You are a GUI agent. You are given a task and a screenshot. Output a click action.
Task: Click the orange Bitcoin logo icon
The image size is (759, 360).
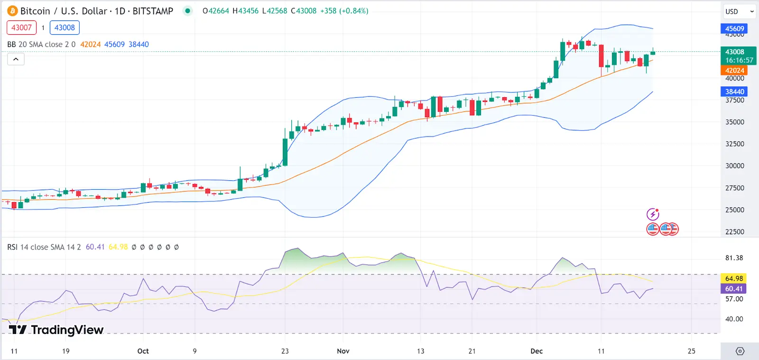click(12, 11)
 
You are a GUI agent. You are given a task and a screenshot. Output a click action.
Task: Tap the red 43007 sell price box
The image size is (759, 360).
click(21, 28)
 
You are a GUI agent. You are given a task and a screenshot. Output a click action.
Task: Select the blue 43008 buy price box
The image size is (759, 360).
click(65, 28)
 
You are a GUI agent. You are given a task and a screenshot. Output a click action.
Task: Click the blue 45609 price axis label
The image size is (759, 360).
click(734, 28)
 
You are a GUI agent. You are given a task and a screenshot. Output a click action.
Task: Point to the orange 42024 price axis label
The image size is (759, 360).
click(734, 70)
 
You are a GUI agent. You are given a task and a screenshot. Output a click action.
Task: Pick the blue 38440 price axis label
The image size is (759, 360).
click(734, 92)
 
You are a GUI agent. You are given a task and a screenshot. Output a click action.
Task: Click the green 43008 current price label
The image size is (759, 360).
click(734, 52)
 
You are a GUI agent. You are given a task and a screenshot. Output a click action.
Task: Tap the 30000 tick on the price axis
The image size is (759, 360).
click(734, 166)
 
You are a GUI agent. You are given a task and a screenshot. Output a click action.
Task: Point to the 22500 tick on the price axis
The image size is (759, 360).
click(734, 231)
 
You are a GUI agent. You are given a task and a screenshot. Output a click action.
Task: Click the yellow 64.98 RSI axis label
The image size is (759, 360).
click(734, 278)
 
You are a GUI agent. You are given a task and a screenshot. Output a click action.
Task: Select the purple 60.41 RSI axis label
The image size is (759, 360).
click(734, 288)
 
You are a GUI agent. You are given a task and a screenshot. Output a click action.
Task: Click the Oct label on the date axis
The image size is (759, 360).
click(143, 351)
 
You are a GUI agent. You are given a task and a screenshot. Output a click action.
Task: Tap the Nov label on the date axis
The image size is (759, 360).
click(343, 351)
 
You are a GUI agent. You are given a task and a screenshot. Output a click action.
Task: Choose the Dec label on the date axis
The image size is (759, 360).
click(537, 351)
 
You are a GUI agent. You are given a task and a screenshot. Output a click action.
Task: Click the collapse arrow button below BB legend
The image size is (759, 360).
click(16, 59)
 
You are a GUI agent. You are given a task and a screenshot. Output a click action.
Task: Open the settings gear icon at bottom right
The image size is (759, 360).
click(740, 351)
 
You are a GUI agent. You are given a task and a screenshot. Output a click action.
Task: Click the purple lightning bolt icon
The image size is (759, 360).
click(653, 214)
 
